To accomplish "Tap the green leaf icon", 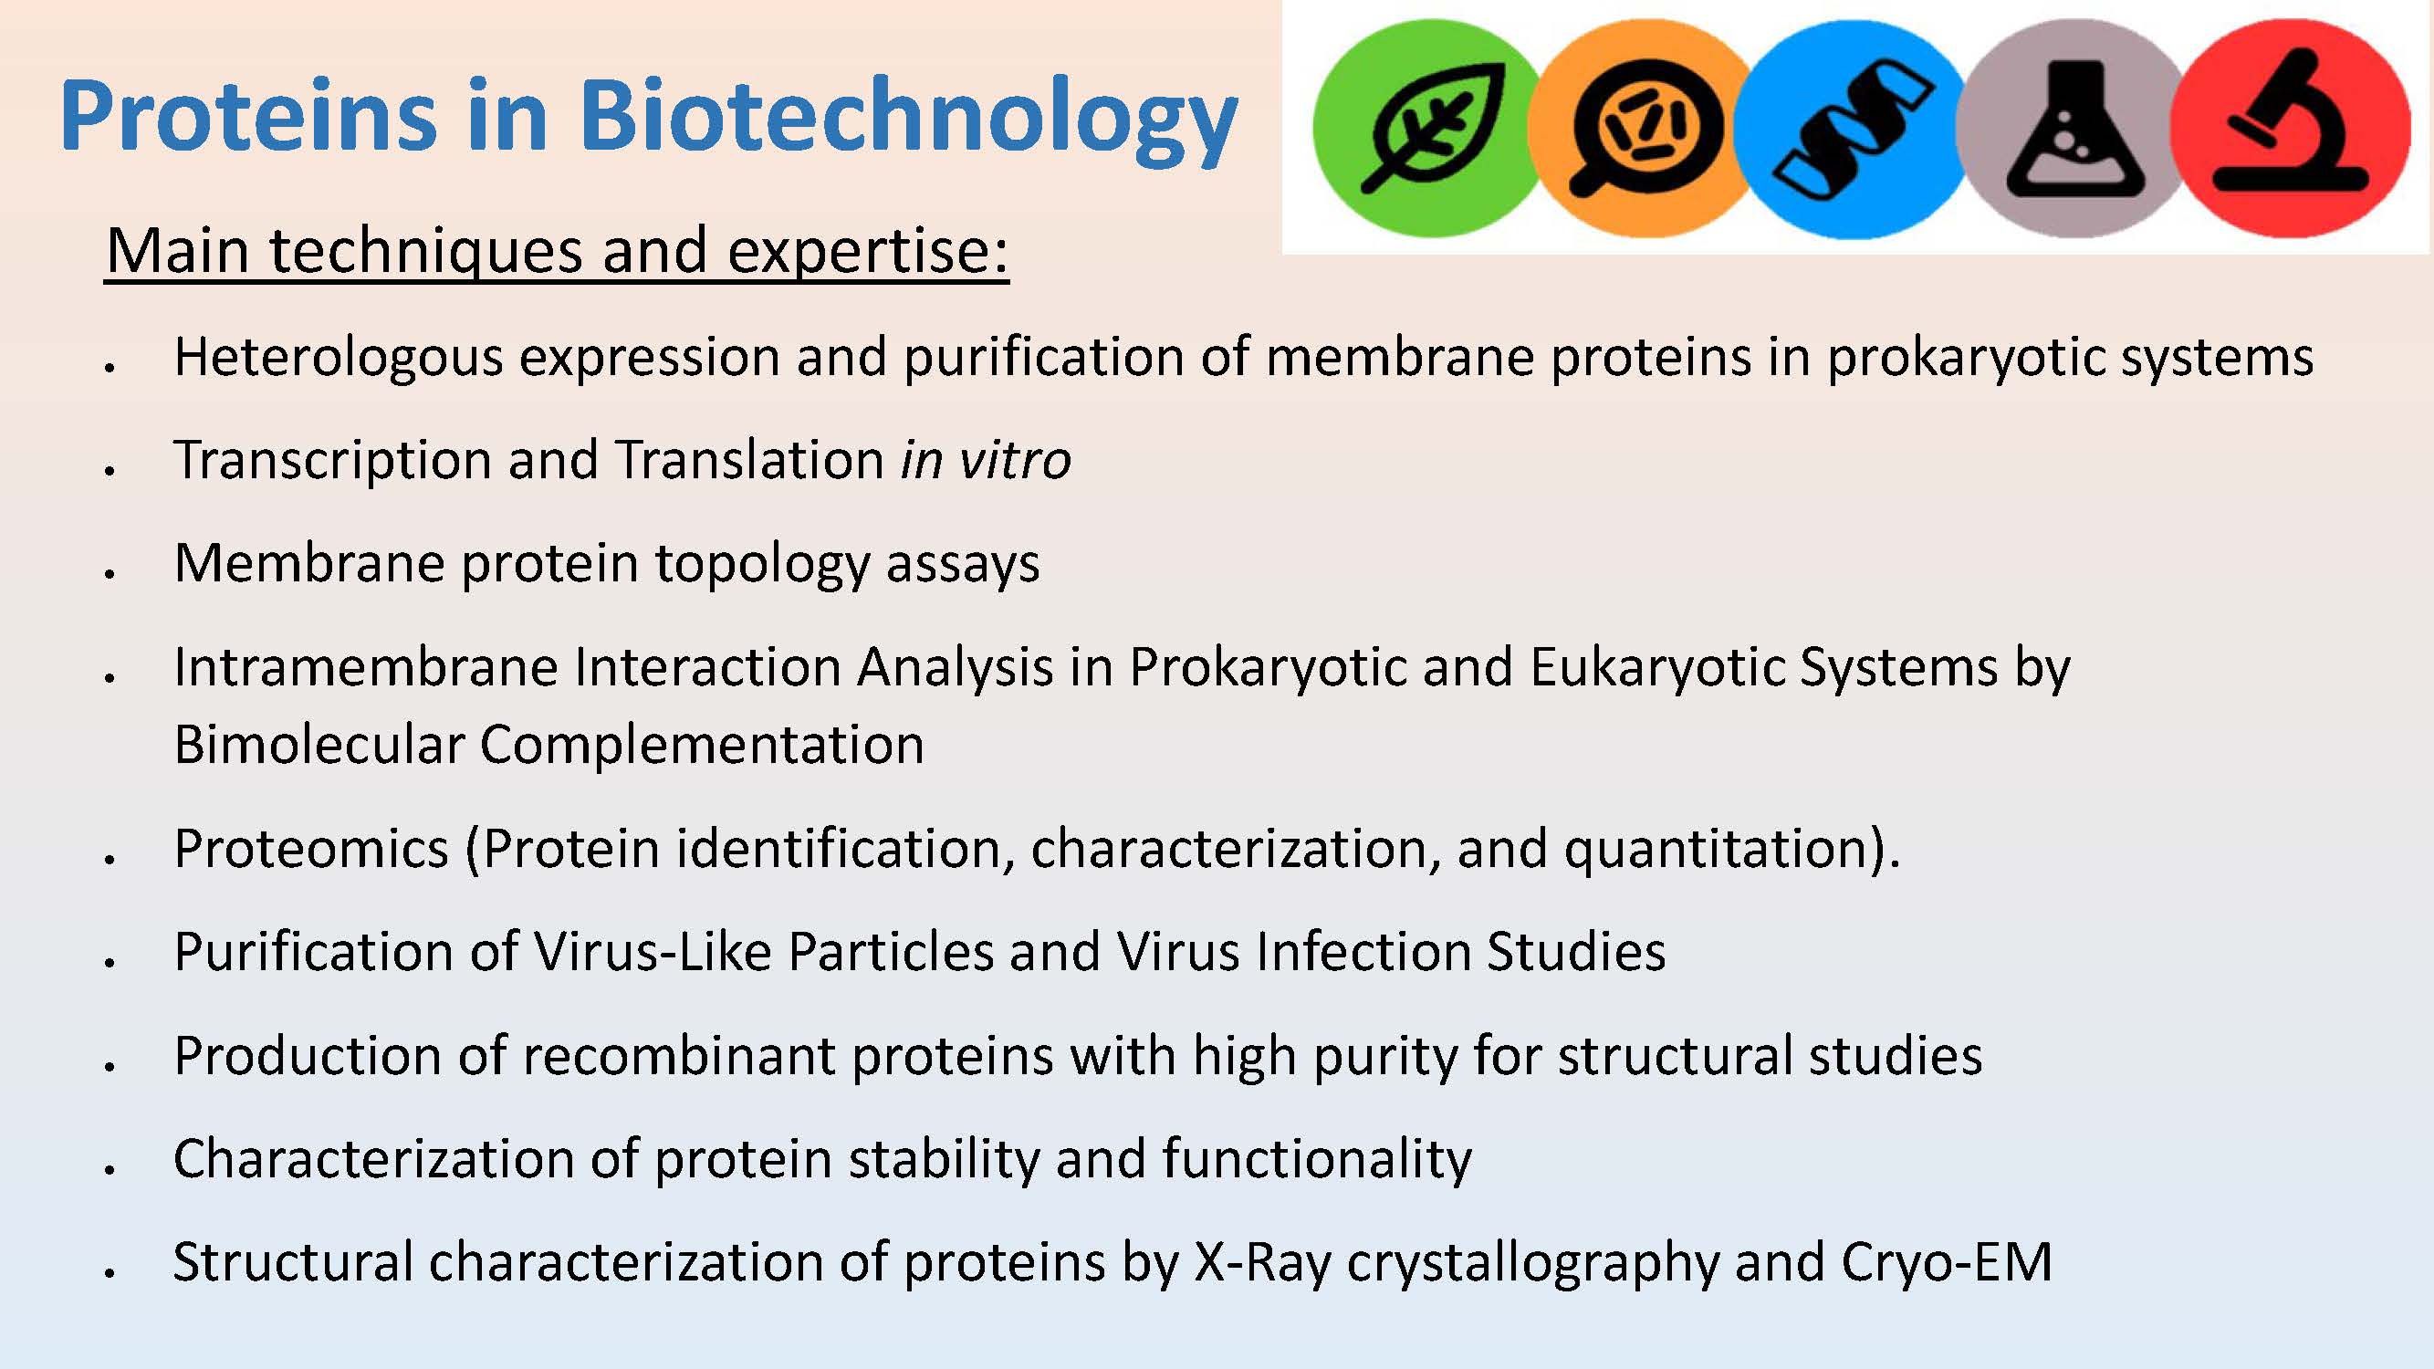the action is [x=1429, y=128].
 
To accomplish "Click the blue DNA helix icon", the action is [x=1852, y=128].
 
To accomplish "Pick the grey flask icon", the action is [x=2069, y=128].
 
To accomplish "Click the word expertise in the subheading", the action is [x=867, y=252].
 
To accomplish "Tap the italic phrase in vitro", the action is [x=986, y=460].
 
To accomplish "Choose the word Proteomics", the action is [x=311, y=849].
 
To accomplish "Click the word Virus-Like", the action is [x=653, y=951].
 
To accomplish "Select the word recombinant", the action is [x=678, y=1055].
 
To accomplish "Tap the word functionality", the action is [x=1316, y=1160].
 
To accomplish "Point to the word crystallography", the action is [x=1532, y=1264].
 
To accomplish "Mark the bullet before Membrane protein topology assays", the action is [x=110, y=572].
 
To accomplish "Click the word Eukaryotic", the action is [x=1657, y=668].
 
